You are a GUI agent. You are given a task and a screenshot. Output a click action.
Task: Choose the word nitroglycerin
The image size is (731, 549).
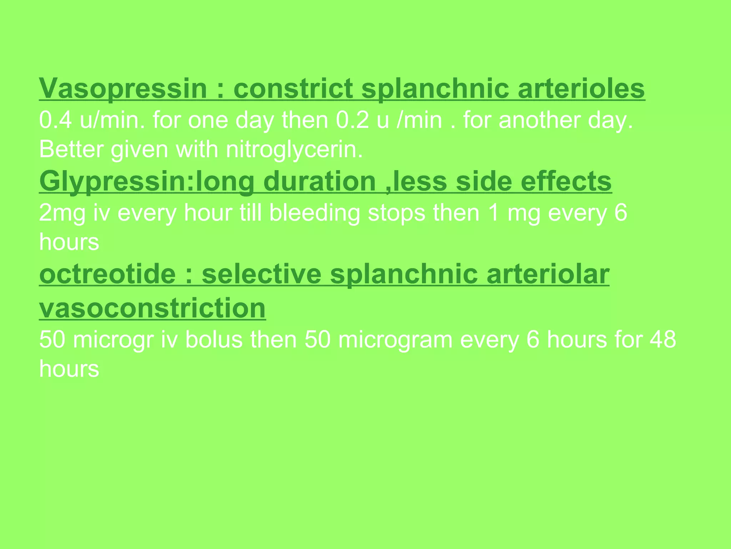(294, 149)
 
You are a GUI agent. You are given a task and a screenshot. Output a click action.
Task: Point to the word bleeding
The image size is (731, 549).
(314, 213)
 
